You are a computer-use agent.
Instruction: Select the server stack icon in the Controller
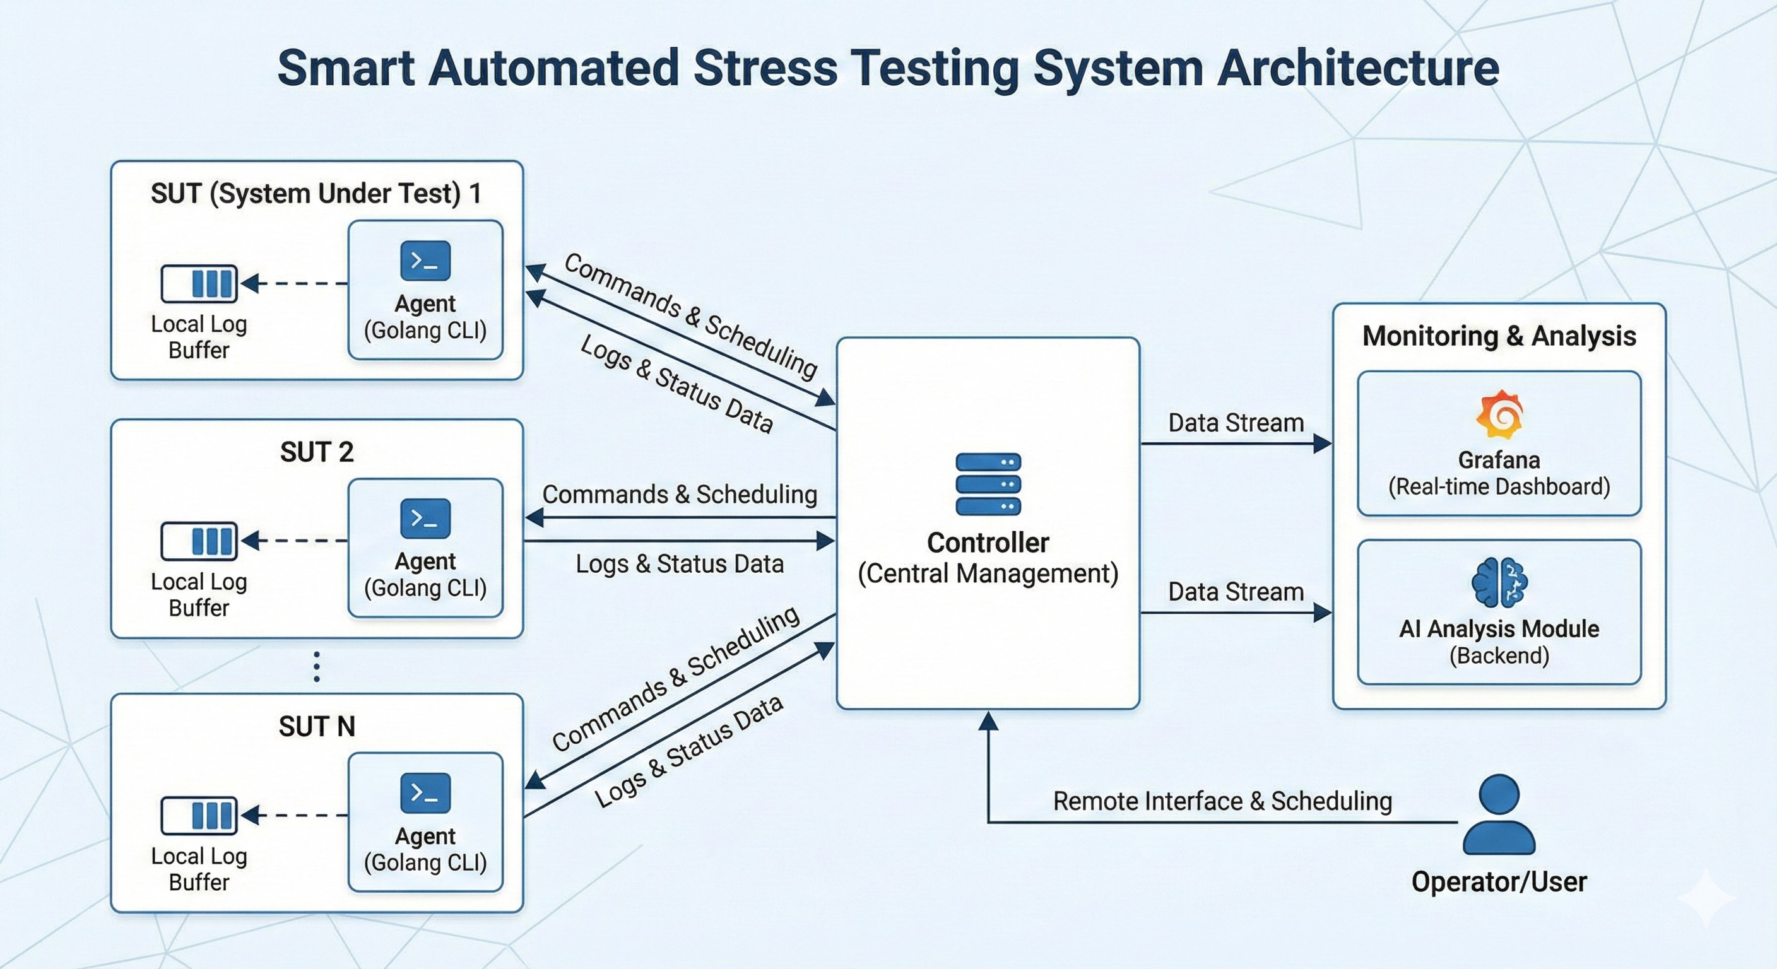point(988,484)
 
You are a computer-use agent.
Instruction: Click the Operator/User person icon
point(1499,814)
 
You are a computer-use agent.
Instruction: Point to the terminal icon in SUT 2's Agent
point(425,518)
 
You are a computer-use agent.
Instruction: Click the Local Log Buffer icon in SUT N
point(199,815)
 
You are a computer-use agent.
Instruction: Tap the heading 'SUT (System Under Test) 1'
point(316,194)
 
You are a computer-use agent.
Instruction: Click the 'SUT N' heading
point(317,726)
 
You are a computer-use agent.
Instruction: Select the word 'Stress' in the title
point(765,68)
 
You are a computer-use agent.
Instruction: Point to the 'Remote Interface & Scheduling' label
point(1222,801)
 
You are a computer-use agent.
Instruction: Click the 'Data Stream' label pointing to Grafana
point(1236,423)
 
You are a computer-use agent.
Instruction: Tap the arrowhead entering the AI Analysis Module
point(1322,613)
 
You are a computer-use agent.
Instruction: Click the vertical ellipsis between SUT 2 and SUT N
point(317,666)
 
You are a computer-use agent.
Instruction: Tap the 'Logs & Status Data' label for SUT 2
point(680,564)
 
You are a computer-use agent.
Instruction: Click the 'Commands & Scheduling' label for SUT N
point(675,679)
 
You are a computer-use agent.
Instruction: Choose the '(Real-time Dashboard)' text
point(1499,487)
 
